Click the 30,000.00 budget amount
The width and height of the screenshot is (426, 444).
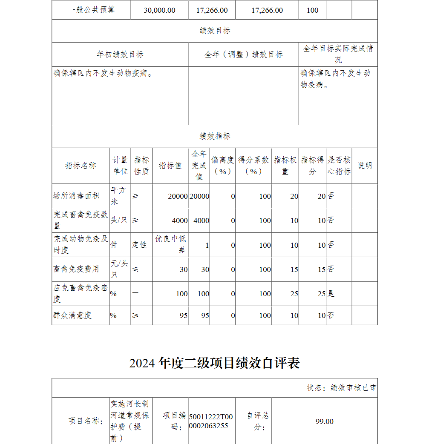click(x=159, y=10)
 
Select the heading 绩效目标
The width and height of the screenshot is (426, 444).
click(x=215, y=31)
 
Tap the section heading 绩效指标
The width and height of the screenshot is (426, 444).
click(x=215, y=136)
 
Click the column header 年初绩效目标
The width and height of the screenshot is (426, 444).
click(x=120, y=54)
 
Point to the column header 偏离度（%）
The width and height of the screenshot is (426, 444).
click(x=222, y=166)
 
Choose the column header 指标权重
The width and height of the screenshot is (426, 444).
click(x=285, y=166)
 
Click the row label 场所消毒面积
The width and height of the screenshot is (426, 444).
click(x=76, y=196)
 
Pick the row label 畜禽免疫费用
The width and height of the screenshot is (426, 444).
click(x=76, y=269)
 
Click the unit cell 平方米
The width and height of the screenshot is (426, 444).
click(x=119, y=196)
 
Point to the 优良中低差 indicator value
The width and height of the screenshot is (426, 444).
click(x=170, y=244)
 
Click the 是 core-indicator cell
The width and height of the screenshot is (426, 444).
click(x=331, y=294)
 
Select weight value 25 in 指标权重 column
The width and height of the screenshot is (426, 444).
click(x=294, y=294)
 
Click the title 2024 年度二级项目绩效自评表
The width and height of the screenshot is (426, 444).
click(x=215, y=363)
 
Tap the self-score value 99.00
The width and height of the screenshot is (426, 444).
click(x=324, y=421)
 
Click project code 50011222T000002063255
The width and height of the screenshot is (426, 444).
click(x=211, y=421)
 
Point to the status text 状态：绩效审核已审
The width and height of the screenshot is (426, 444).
click(x=341, y=388)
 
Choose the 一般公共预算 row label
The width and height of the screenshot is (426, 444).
click(x=91, y=10)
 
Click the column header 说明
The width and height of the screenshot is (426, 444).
click(x=364, y=166)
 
